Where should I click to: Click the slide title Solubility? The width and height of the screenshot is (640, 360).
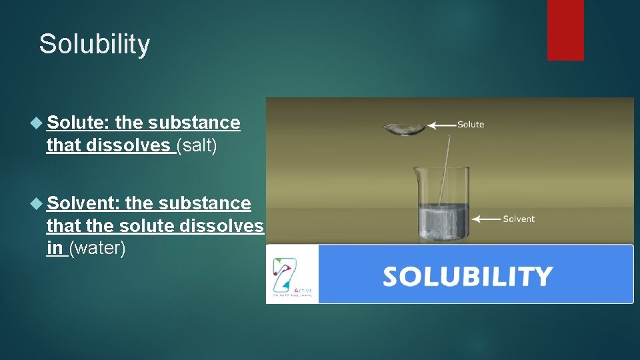click(x=95, y=44)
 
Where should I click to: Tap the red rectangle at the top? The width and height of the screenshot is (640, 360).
click(x=565, y=29)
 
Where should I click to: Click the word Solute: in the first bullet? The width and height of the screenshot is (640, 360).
click(x=78, y=123)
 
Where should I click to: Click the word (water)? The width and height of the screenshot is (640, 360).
click(x=97, y=248)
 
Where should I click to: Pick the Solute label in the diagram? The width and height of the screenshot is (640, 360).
click(x=470, y=124)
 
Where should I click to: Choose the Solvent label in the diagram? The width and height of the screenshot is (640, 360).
click(x=518, y=218)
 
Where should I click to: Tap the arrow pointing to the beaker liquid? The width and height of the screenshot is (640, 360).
click(x=485, y=218)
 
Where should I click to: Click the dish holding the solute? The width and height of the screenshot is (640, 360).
click(x=405, y=129)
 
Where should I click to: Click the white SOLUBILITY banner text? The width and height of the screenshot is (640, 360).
click(x=467, y=275)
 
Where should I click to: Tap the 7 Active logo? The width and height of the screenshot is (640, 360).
click(x=292, y=275)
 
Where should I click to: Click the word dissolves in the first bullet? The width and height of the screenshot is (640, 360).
click(x=127, y=145)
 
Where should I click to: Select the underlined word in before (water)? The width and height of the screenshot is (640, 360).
click(x=55, y=248)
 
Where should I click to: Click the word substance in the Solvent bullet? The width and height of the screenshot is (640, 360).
click(x=206, y=203)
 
